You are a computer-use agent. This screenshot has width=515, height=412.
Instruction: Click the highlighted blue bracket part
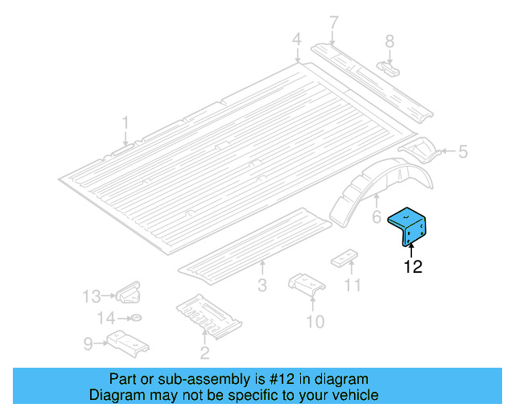[410, 229]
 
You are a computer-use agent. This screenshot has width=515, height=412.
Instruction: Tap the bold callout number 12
[412, 267]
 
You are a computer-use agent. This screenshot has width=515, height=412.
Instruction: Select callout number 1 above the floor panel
[126, 122]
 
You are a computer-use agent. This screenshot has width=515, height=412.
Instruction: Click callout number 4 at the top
[296, 39]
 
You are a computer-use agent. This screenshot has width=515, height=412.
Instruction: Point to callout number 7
[333, 22]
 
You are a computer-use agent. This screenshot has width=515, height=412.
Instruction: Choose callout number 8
[389, 40]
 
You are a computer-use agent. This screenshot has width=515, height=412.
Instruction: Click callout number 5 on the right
[462, 150]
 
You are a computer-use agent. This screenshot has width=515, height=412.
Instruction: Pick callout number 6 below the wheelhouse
[376, 217]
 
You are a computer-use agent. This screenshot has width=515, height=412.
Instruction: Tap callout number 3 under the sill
[262, 285]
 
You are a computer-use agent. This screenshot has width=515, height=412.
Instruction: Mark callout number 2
[204, 352]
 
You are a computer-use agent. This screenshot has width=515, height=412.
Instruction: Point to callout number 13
[92, 296]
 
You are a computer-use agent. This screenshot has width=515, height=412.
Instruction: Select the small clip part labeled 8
[389, 65]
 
